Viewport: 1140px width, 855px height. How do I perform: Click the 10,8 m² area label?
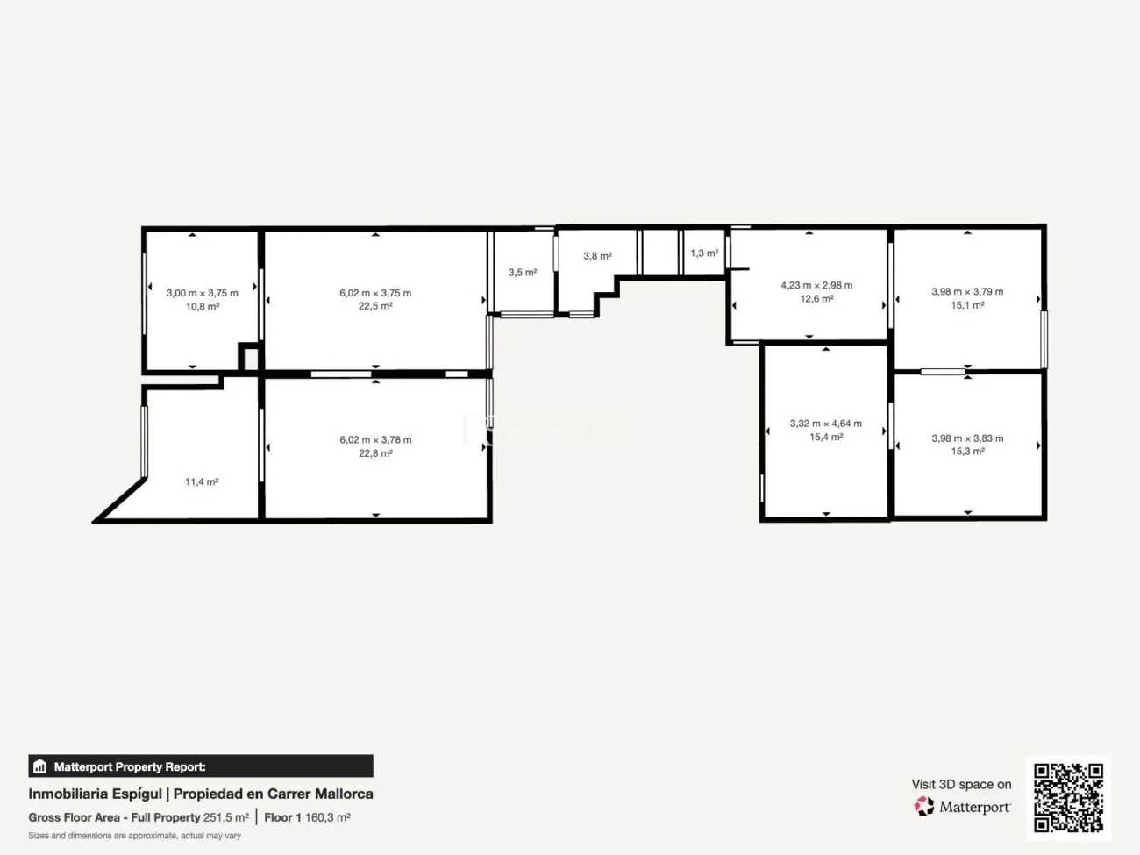pyautogui.click(x=203, y=306)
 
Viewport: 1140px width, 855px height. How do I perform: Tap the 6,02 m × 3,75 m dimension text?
pyautogui.click(x=375, y=293)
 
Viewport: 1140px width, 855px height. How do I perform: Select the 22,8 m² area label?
pyautogui.click(x=375, y=453)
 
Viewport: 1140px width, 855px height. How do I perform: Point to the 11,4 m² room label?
pyautogui.click(x=202, y=481)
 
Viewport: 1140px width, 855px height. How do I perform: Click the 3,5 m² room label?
pyautogui.click(x=523, y=272)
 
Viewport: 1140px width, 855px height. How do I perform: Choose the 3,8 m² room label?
pyautogui.click(x=597, y=256)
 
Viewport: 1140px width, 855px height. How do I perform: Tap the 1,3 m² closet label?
pyautogui.click(x=704, y=253)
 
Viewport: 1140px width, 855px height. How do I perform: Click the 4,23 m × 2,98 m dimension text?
pyautogui.click(x=816, y=285)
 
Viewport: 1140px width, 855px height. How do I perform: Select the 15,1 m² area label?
pyautogui.click(x=967, y=304)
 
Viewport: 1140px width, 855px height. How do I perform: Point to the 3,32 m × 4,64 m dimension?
pyautogui.click(x=826, y=423)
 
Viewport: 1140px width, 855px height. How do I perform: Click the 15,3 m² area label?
pyautogui.click(x=967, y=451)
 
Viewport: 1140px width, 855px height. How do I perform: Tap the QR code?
pyautogui.click(x=1068, y=797)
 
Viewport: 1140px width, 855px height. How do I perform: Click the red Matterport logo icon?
pyautogui.click(x=924, y=806)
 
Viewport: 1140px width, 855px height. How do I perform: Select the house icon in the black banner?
pyautogui.click(x=40, y=766)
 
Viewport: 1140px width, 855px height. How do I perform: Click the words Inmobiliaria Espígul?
pyautogui.click(x=95, y=794)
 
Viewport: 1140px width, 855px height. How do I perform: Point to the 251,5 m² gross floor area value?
pyautogui.click(x=226, y=817)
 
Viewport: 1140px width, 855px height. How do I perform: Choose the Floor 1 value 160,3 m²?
pyautogui.click(x=328, y=817)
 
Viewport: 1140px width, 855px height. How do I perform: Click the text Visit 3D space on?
pyautogui.click(x=961, y=784)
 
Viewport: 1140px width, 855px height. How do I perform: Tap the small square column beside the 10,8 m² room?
pyautogui.click(x=250, y=357)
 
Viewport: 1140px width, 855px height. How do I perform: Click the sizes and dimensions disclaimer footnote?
pyautogui.click(x=134, y=836)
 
